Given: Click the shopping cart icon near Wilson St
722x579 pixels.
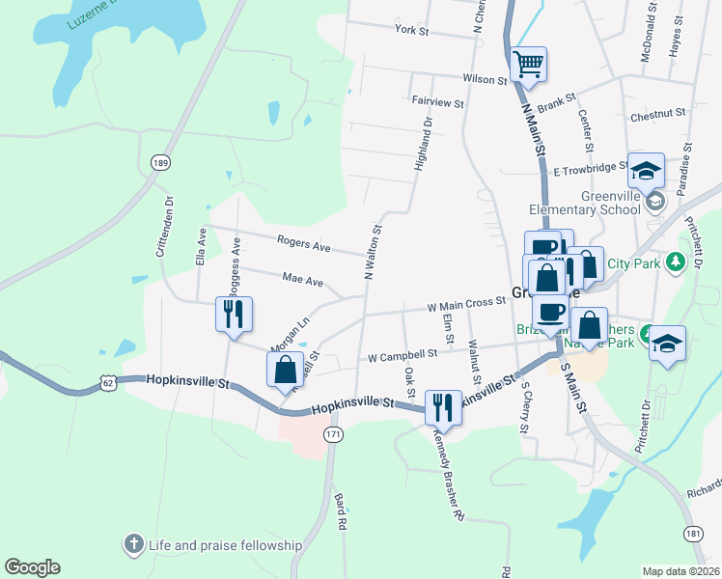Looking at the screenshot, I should coord(528,65).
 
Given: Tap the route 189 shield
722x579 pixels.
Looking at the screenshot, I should coord(160,164).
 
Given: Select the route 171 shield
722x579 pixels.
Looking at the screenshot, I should coord(333,435).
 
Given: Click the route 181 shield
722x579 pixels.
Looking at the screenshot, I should coord(692,533).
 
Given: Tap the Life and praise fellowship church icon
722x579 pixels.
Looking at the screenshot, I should coord(134,545).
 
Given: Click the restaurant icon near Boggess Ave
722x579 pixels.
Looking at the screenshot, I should coord(234,314).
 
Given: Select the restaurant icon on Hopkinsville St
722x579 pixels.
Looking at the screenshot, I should coord(443,406).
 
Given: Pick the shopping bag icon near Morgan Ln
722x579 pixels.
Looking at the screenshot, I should coord(285,369).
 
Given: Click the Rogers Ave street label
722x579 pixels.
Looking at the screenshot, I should coord(303,244).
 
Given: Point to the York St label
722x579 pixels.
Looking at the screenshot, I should coord(411,31).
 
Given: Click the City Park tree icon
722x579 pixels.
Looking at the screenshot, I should coord(677,261).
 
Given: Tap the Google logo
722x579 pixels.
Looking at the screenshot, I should coord(32,567).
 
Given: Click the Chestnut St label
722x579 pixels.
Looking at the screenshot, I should coord(656,114).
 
